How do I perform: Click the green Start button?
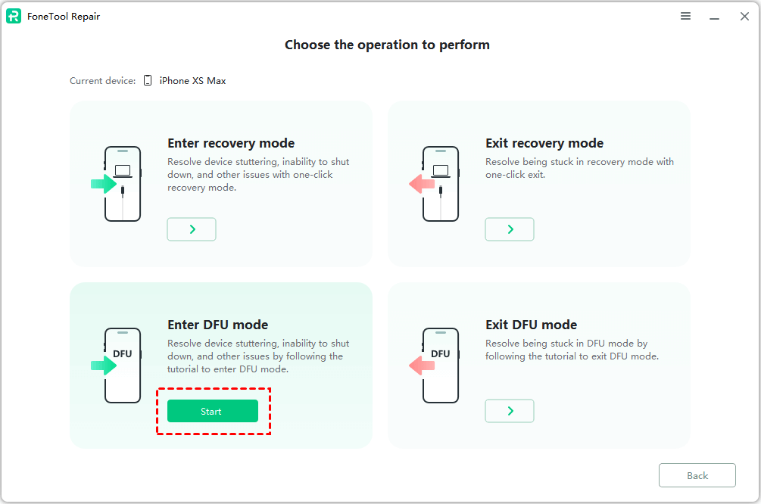[213, 411]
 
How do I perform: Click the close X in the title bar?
[744, 17]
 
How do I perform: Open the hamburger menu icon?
[685, 16]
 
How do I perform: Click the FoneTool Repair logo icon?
[14, 16]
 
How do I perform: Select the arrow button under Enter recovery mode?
[192, 229]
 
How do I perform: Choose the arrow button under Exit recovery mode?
[510, 229]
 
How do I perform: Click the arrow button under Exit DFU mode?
[510, 411]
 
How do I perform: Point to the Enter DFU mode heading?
[218, 325]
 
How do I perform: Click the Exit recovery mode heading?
[544, 143]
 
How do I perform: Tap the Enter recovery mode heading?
[231, 143]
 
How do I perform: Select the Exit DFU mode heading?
[532, 325]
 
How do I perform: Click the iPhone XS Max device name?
[192, 80]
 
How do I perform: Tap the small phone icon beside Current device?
[148, 80]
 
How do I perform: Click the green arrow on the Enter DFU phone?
[104, 366]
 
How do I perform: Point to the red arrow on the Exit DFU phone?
[422, 366]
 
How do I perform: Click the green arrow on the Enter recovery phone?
[104, 184]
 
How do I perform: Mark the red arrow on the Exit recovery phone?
[422, 184]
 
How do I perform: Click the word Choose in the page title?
[307, 45]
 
